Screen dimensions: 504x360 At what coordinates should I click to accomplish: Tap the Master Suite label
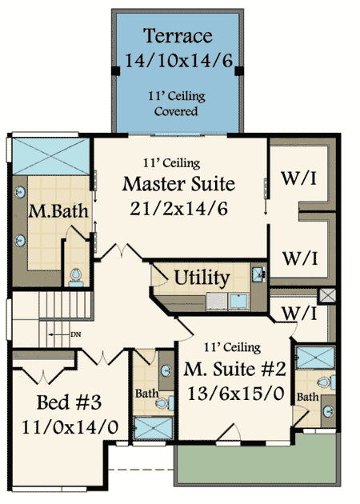pyautogui.click(x=179, y=184)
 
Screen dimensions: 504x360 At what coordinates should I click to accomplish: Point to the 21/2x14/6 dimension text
pyautogui.click(x=179, y=209)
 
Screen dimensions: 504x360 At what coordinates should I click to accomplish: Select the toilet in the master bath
pyautogui.click(x=77, y=276)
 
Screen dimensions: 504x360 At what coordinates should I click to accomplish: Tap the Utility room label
pyautogui.click(x=202, y=278)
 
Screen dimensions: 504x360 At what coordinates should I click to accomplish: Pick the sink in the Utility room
pyautogui.click(x=259, y=275)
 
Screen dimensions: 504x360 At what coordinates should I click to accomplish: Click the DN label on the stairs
pyautogui.click(x=76, y=334)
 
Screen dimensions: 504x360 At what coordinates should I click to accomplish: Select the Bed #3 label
pyautogui.click(x=68, y=400)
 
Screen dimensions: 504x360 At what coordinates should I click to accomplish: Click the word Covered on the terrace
pyautogui.click(x=175, y=111)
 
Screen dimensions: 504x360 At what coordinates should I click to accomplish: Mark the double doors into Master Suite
pyautogui.click(x=122, y=252)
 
